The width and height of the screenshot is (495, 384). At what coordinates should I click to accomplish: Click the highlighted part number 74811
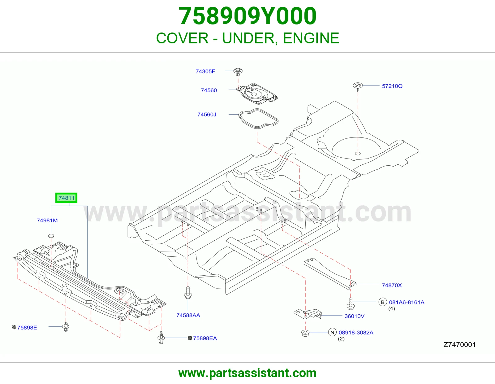66,198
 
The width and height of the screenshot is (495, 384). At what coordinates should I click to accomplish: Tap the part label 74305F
205,71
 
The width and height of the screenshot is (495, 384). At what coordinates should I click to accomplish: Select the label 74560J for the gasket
207,115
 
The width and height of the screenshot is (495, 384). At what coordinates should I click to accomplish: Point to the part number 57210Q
392,86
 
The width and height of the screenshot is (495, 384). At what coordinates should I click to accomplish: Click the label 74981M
47,220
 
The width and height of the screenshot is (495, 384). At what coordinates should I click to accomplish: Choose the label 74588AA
188,315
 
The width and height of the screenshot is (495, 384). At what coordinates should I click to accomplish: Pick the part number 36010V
355,316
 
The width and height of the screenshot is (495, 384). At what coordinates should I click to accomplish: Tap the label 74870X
392,285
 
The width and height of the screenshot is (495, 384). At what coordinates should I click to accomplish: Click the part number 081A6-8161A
407,302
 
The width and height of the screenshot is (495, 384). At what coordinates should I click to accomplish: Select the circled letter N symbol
332,333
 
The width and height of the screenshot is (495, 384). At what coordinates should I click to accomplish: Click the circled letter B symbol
383,302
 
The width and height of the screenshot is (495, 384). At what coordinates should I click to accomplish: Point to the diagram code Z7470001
460,345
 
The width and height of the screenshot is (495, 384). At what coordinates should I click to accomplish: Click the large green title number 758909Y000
247,16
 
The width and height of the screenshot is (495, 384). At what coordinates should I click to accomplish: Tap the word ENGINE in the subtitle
311,38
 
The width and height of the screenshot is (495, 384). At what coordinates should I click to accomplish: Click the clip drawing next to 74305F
238,72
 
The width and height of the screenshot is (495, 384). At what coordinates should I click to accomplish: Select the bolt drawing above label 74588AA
188,293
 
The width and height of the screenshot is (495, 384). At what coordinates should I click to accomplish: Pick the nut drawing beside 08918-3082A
305,333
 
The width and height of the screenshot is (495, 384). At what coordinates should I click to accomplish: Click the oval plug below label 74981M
51,236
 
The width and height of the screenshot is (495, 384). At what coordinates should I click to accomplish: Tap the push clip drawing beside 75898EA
161,337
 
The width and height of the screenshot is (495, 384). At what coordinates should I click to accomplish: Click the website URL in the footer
247,373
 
